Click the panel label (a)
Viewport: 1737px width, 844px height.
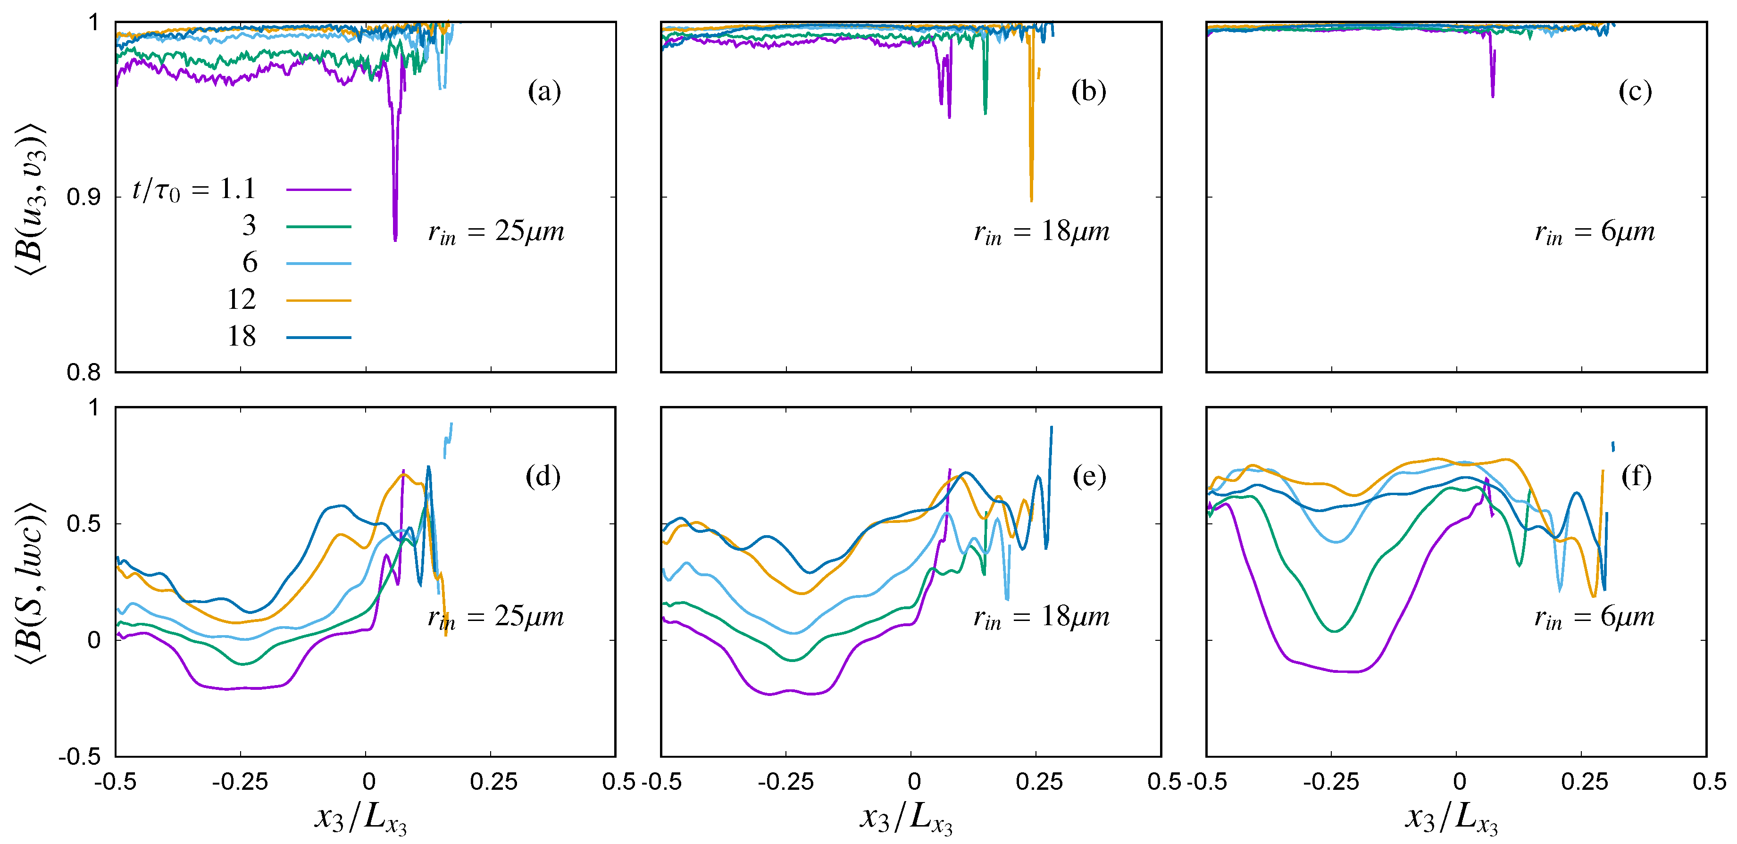(x=543, y=91)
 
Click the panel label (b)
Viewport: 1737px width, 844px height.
(x=1088, y=91)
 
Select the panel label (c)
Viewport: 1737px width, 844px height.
(x=1635, y=91)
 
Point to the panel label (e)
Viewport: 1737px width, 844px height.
(x=1088, y=477)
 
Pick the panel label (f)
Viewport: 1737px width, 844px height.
(x=1636, y=477)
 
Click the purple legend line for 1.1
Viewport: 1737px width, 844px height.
(x=318, y=190)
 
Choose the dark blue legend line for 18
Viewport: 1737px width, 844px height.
(x=318, y=337)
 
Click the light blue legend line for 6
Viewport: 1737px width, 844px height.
(x=318, y=264)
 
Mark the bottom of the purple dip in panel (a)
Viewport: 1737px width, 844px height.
(x=395, y=239)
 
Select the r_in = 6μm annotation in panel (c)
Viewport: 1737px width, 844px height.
(x=1594, y=232)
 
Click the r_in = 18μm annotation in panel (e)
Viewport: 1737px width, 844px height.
(x=1041, y=618)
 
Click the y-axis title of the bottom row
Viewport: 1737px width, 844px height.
(x=30, y=582)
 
